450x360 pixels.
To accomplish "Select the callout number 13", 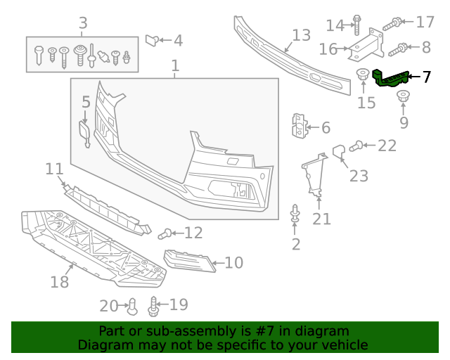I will (x=301, y=35).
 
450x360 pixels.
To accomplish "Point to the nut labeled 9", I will (x=404, y=97).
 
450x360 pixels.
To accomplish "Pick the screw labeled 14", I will (x=356, y=25).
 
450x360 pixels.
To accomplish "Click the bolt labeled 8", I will (x=397, y=49).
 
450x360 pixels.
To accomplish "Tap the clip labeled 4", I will (x=152, y=40).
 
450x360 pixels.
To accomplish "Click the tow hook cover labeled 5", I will (x=84, y=134).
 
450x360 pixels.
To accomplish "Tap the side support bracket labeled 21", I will (x=314, y=176).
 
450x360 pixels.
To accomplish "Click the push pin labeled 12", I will (x=167, y=233).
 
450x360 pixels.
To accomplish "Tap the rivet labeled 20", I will (x=131, y=305).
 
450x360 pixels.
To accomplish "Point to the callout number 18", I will (x=60, y=282).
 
